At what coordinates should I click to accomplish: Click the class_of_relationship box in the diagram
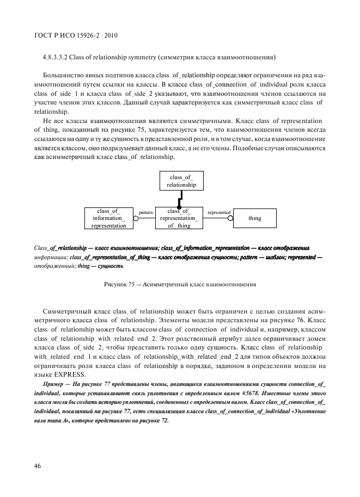point(181,181)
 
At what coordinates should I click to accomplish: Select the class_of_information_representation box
point(108,218)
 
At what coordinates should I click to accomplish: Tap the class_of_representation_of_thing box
point(179,218)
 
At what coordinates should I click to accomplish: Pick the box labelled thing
point(255,218)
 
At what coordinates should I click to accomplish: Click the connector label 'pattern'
point(145,212)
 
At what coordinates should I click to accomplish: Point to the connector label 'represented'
point(219,212)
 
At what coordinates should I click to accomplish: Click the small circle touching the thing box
point(230,218)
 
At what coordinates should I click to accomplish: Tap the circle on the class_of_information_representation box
point(136,218)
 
